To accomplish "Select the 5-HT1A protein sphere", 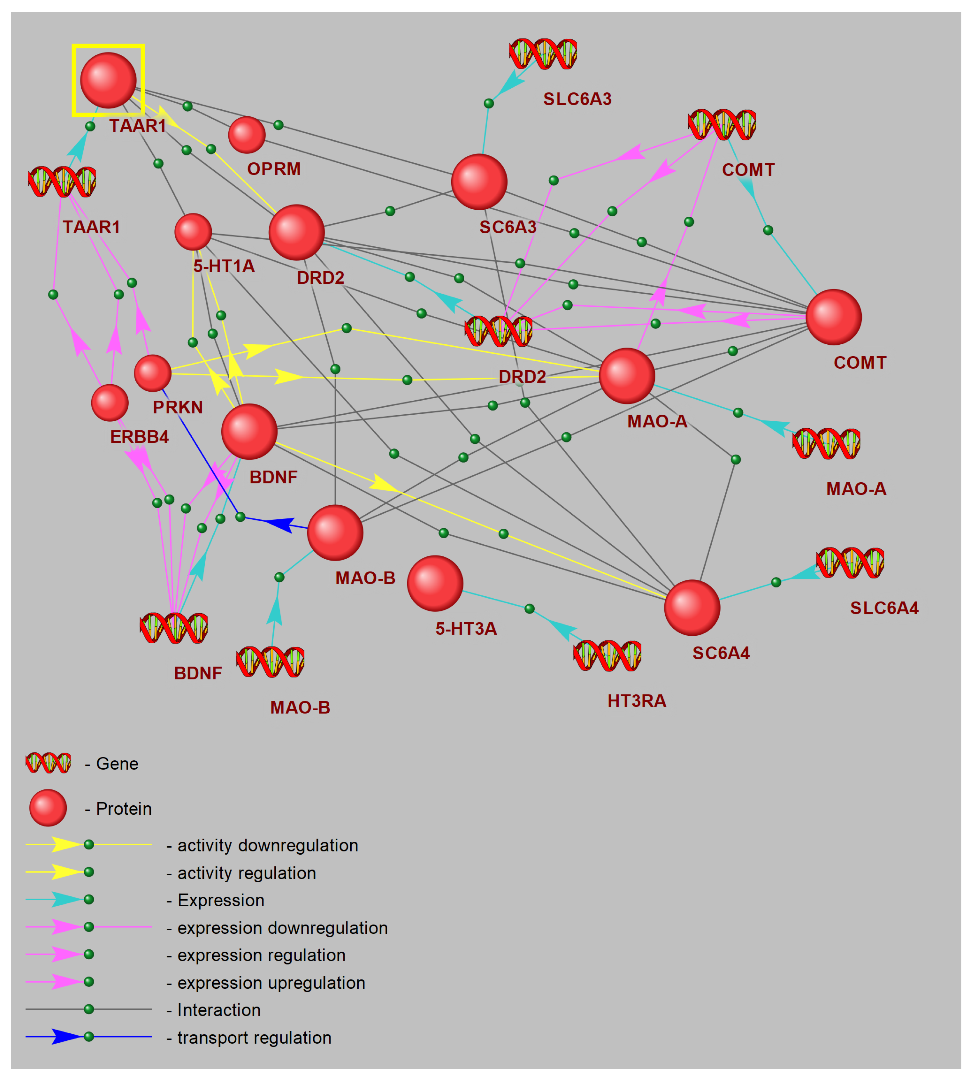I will (193, 232).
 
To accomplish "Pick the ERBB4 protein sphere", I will (110, 403).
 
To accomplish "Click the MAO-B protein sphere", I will (335, 532).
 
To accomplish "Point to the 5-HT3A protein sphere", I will (435, 583).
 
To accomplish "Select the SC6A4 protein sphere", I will (692, 608).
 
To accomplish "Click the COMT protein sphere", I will (833, 317).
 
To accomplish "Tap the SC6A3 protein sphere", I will (479, 182).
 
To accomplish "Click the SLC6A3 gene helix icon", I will (543, 54).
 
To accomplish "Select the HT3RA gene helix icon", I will (607, 655).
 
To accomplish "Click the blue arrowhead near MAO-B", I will (279, 524).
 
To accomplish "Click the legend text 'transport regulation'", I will (254, 1037).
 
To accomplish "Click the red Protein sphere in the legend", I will (48, 808).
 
